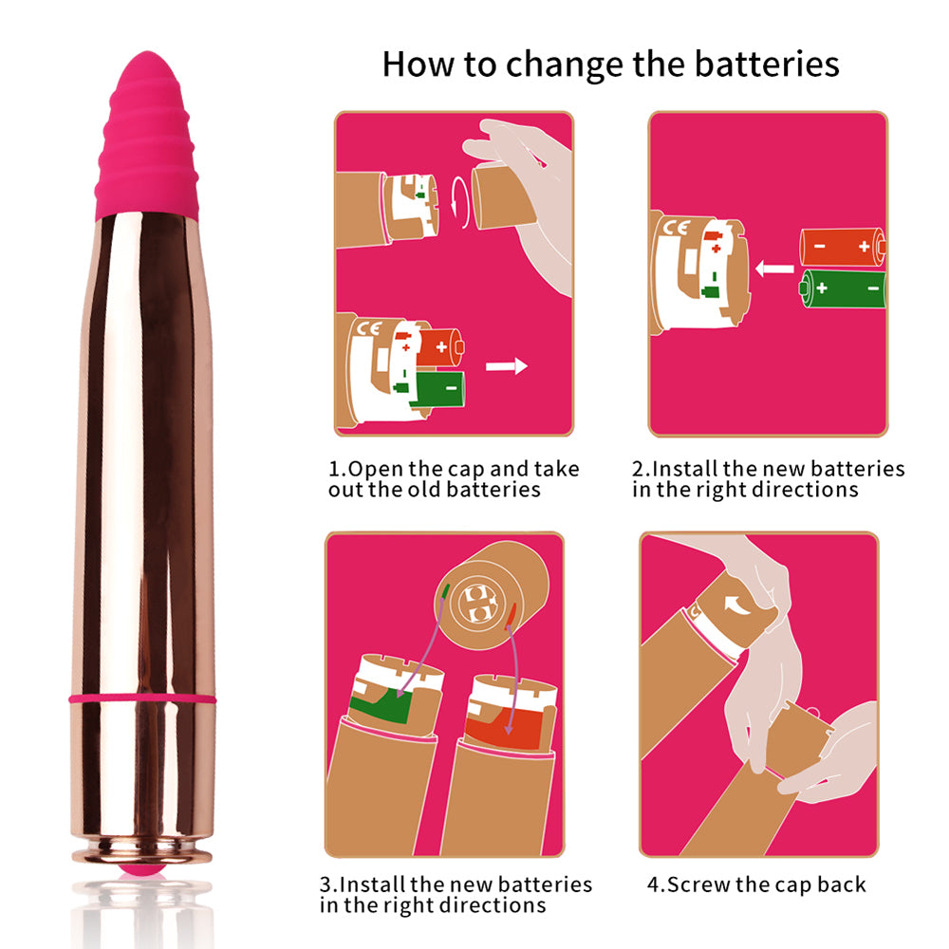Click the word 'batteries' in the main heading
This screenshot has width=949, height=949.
tap(767, 64)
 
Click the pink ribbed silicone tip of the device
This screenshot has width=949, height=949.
tap(147, 135)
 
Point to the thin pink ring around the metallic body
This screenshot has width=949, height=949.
tap(143, 699)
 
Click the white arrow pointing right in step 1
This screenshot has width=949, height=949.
tap(507, 366)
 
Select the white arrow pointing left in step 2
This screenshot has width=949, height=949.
tap(774, 269)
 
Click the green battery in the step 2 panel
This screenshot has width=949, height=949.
tap(843, 288)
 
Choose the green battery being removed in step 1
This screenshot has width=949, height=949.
tap(438, 388)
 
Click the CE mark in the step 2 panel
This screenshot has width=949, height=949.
tap(676, 228)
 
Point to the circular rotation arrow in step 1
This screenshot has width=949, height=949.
tap(460, 202)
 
